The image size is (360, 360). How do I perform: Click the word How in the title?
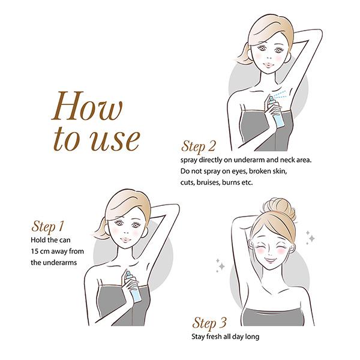pyautogui.click(x=87, y=106)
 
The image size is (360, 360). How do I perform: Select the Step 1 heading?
pyautogui.click(x=47, y=226)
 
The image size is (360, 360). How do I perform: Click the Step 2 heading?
pyautogui.click(x=199, y=146)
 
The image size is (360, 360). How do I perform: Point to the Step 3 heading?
pyautogui.click(x=209, y=323)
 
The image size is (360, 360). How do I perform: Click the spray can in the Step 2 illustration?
pyautogui.click(x=276, y=112)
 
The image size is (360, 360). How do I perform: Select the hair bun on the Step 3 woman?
pyautogui.click(x=280, y=208)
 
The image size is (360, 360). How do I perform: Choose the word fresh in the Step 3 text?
pyautogui.click(x=214, y=337)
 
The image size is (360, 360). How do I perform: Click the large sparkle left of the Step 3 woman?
pyautogui.click(x=221, y=266)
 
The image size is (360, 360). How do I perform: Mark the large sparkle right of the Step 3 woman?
pyautogui.click(x=311, y=239)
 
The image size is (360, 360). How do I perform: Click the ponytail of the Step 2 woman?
pyautogui.click(x=244, y=55)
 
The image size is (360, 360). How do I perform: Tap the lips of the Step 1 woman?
pyautogui.click(x=125, y=240)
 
